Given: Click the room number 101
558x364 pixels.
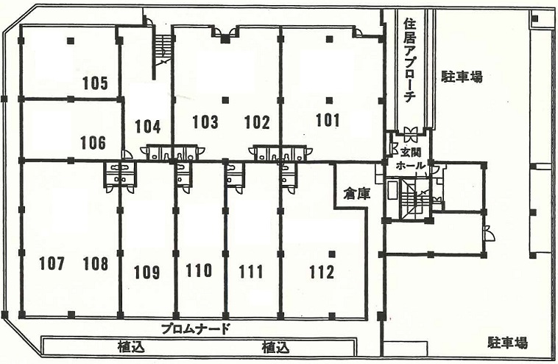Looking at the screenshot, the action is click(328, 119).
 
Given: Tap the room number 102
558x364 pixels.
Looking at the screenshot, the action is click(257, 122).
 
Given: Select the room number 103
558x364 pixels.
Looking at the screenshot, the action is click(205, 122).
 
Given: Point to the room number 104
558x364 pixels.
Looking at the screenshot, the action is click(148, 127).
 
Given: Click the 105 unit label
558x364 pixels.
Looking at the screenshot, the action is click(95, 83).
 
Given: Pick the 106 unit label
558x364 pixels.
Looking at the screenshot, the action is click(93, 142).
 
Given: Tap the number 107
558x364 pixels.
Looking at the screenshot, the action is click(52, 264).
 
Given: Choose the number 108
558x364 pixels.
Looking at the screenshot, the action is click(96, 264).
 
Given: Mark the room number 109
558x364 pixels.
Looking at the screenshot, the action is click(146, 273).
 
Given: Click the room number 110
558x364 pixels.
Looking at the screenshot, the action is click(199, 270).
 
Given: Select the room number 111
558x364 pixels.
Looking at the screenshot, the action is click(251, 272).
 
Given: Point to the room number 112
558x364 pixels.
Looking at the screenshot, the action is click(322, 273).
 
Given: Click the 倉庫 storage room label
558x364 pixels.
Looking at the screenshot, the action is click(357, 194).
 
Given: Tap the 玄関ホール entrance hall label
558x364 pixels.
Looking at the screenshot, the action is click(411, 159).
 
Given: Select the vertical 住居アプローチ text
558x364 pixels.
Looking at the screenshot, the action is click(410, 61).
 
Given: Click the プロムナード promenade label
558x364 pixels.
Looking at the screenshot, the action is click(195, 329).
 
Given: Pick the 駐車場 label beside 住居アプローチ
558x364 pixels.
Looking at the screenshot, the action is click(462, 77).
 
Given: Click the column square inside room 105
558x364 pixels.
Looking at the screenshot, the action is click(71, 41).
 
